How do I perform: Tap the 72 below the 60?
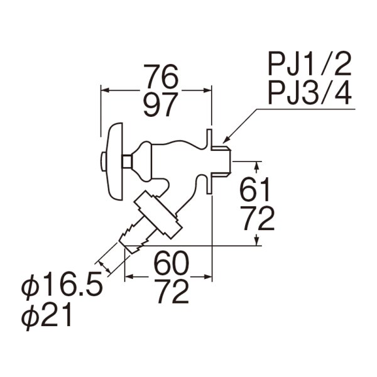[170, 291]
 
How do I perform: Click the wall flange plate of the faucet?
[210, 160]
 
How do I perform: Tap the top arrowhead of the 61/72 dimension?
[256, 164]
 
